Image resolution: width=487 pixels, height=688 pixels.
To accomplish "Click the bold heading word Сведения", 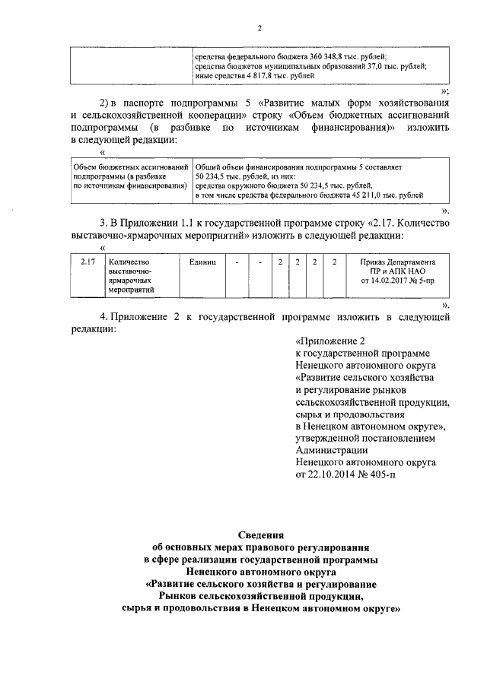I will click(260, 534).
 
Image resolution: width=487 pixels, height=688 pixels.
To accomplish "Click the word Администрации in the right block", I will click(329, 449).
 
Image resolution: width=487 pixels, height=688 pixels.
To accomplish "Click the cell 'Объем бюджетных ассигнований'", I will click(129, 166).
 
